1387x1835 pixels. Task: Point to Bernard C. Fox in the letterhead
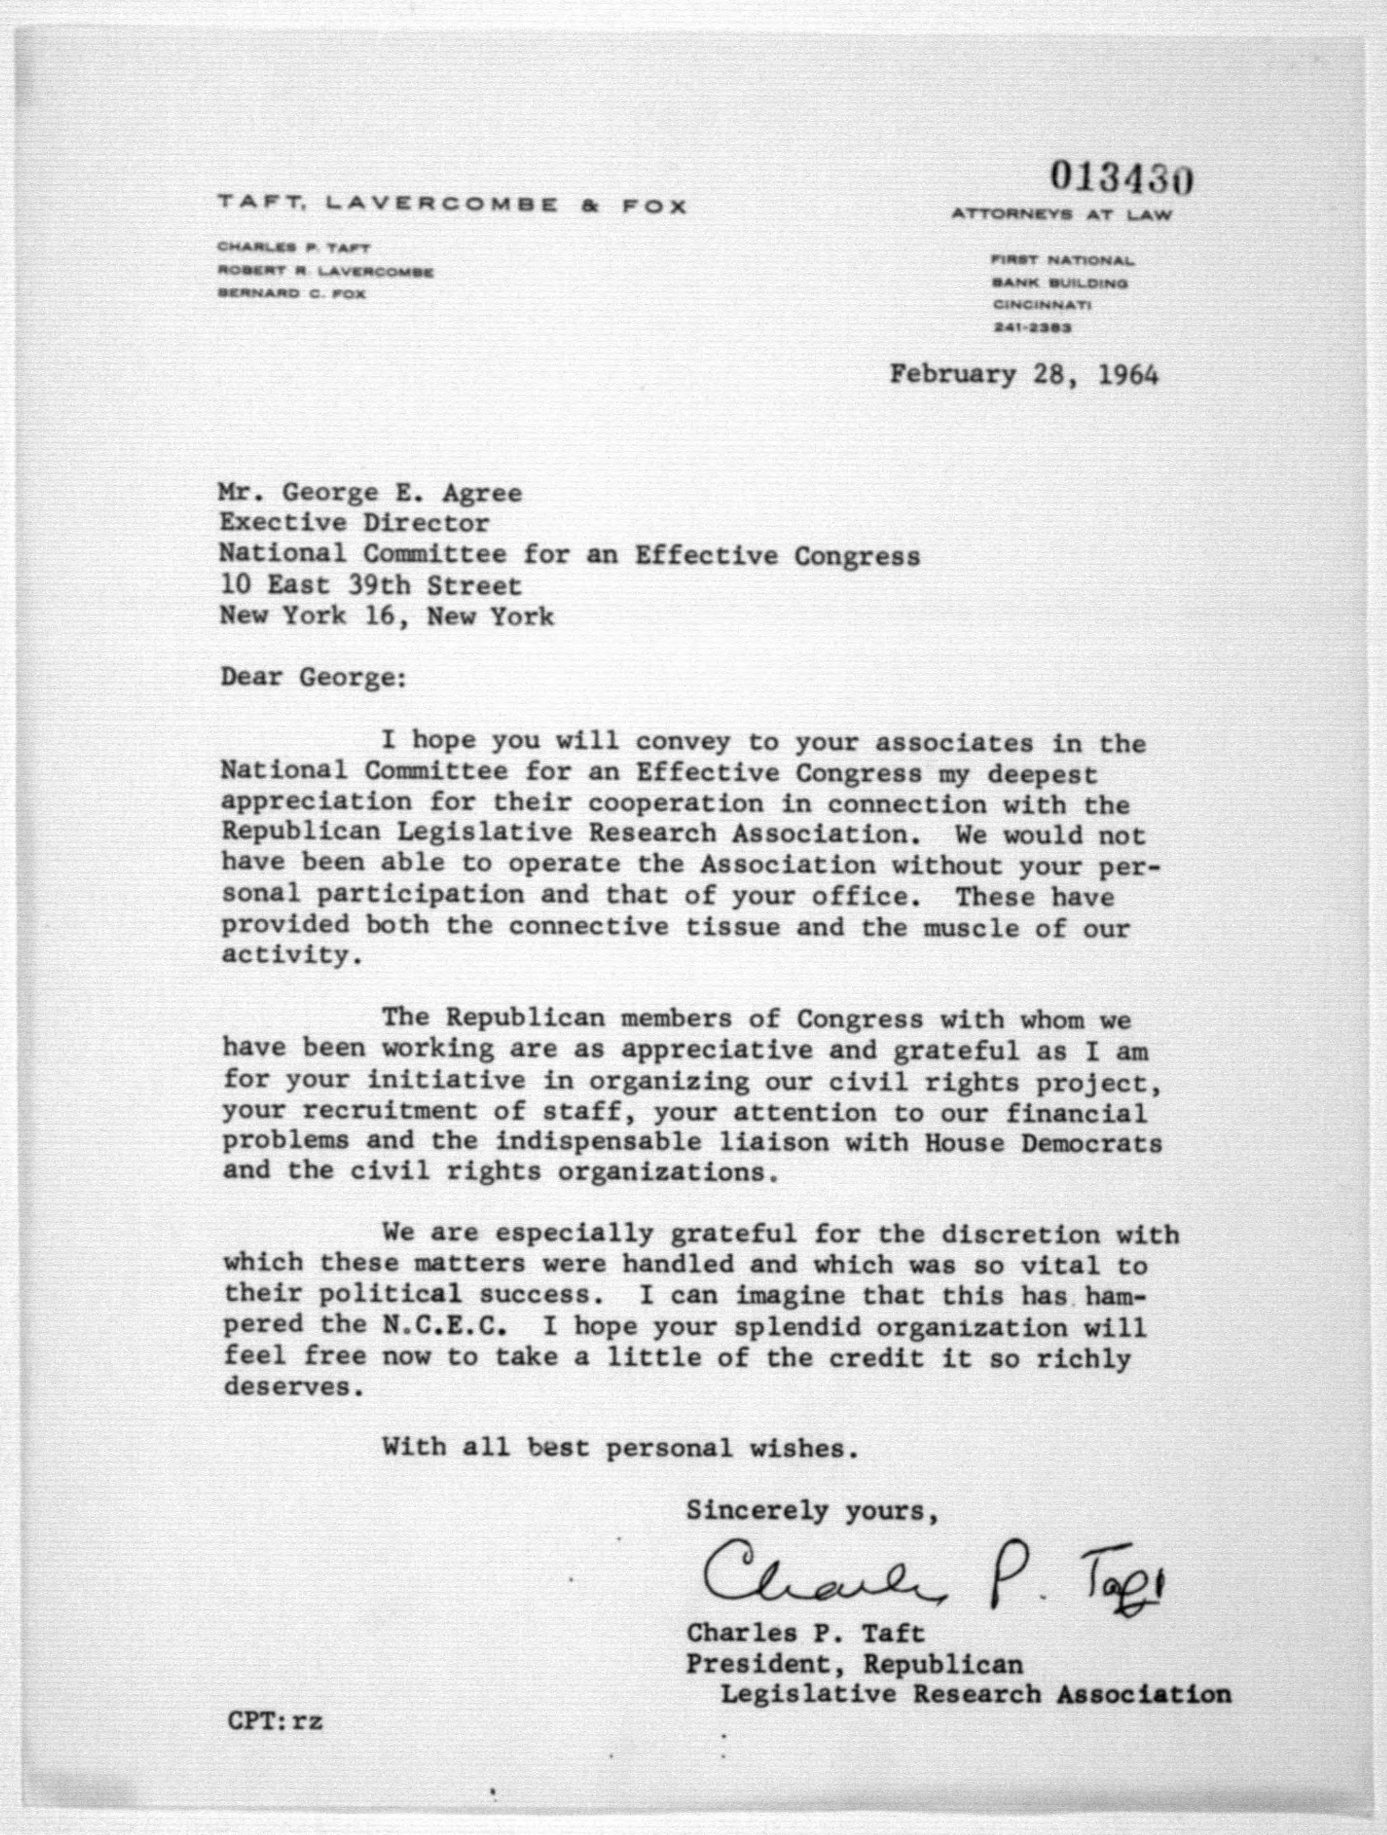click(291, 293)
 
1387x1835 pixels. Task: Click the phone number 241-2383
click(1032, 328)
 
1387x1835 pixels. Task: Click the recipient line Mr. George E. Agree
click(371, 493)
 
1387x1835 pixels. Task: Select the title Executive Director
click(354, 523)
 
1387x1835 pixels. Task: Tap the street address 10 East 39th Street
click(371, 585)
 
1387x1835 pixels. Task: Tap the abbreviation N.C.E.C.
click(444, 1326)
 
